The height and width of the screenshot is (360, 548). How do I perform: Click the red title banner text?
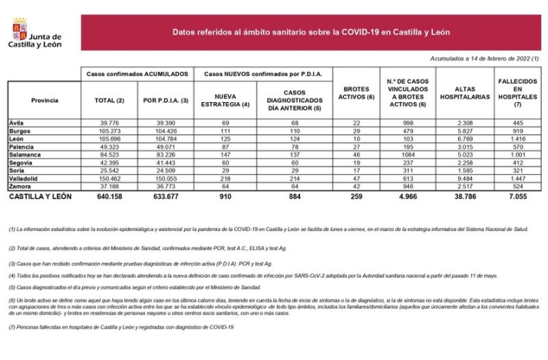[x=311, y=32]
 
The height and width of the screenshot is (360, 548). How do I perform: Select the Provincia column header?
[x=45, y=101]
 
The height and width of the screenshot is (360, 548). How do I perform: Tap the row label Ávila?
[x=17, y=123]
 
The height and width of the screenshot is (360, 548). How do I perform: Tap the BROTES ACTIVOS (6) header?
[x=355, y=92]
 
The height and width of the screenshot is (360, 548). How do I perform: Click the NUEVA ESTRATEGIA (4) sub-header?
[x=226, y=101]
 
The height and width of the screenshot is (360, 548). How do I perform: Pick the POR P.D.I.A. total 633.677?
[x=167, y=197]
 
